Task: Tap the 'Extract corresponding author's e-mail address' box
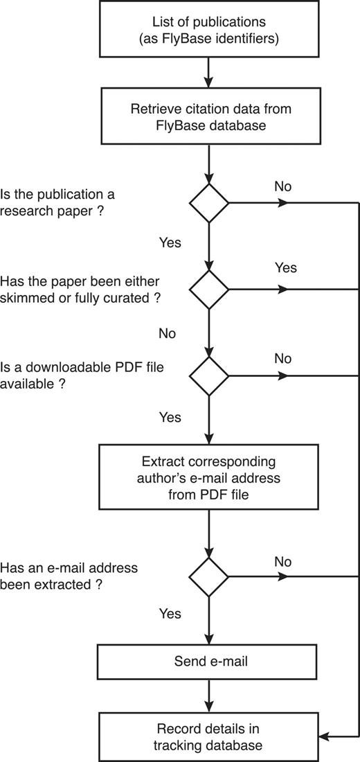coord(208,477)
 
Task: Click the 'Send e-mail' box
coord(208,662)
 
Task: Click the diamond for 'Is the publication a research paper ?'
coord(208,203)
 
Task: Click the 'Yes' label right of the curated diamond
coord(285,267)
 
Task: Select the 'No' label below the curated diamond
coord(167,333)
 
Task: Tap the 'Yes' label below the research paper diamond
coord(170,242)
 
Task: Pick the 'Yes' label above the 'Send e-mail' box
coord(170,614)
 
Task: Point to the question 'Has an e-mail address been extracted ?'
coord(69,576)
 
